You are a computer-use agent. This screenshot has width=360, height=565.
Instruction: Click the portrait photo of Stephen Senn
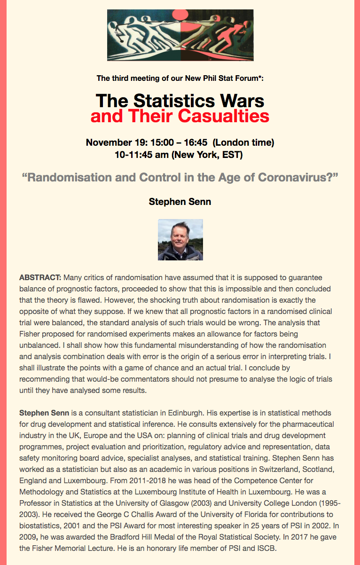tap(180, 240)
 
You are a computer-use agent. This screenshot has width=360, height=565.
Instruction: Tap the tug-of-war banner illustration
tap(180, 35)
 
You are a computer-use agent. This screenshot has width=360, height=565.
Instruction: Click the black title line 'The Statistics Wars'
tap(180, 100)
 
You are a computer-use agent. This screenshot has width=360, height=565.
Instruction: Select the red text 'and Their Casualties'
tap(180, 116)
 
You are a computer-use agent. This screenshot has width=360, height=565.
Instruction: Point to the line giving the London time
tap(180, 142)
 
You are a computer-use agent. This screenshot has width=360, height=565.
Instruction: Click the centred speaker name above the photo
tap(180, 202)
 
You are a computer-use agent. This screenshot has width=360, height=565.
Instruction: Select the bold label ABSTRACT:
tap(40, 277)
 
